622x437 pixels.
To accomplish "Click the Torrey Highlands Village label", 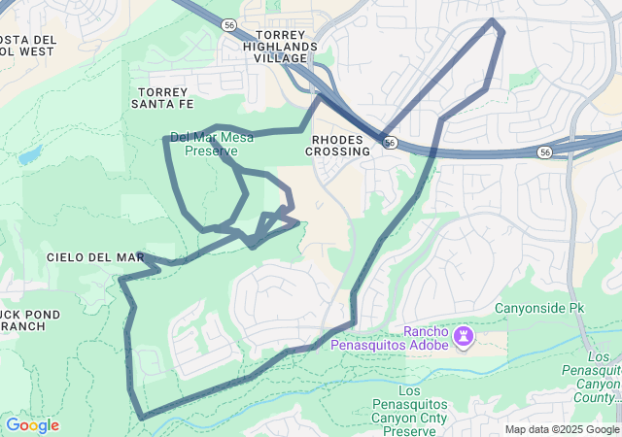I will click(x=280, y=46).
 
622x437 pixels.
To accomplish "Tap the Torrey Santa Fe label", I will click(x=161, y=97).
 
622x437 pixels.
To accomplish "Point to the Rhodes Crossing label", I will click(x=338, y=145).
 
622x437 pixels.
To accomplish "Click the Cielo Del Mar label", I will click(x=95, y=257).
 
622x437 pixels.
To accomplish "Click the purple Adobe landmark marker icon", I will click(x=465, y=337).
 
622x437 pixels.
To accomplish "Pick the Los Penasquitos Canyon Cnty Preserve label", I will click(x=423, y=404).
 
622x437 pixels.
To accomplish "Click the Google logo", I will click(x=32, y=425).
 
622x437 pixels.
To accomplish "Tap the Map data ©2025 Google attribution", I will click(x=563, y=429).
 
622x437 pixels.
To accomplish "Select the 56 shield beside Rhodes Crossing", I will click(x=388, y=143).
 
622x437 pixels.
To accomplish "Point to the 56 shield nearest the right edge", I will click(x=545, y=152).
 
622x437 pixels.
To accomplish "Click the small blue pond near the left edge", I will click(x=29, y=155).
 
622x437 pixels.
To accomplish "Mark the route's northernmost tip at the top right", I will click(x=494, y=20).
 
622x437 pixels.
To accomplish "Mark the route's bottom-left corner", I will click(x=143, y=418).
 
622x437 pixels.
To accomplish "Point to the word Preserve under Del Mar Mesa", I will click(x=212, y=151).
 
